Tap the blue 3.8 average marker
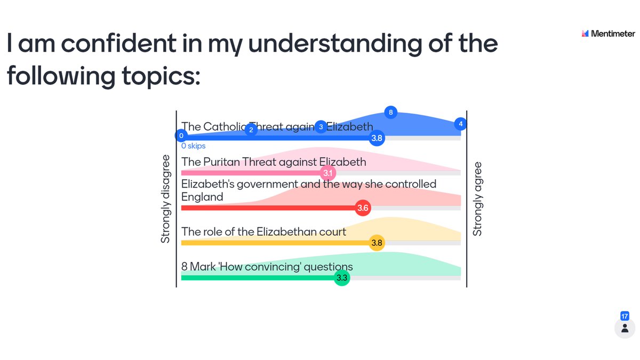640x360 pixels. [377, 138]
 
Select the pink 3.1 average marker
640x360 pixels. [328, 173]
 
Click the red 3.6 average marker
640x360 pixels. [363, 208]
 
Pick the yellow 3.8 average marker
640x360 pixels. [377, 243]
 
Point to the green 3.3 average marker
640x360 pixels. [342, 278]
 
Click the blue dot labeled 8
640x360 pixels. [391, 113]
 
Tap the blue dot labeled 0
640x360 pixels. [181, 135]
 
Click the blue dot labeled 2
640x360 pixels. [251, 130]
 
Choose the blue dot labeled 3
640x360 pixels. [321, 126]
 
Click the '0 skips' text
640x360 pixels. [193, 146]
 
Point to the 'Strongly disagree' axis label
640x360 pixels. [166, 199]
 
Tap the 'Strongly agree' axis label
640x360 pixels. [477, 199]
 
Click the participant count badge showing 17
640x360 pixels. [625, 316]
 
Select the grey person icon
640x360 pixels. [625, 328]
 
